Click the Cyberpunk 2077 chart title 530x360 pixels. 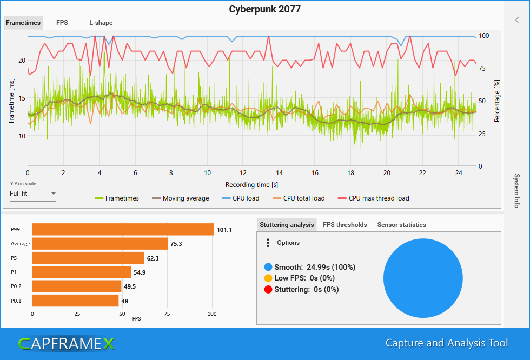[x=264, y=9]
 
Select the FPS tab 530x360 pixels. [x=62, y=23]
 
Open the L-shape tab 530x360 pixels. [x=101, y=23]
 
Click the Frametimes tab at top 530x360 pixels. [x=23, y=23]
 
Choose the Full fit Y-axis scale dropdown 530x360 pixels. [x=32, y=194]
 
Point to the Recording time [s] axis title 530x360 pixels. [x=252, y=185]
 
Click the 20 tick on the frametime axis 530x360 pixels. [x=22, y=61]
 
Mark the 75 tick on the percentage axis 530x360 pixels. [x=482, y=68]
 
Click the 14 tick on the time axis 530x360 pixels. [x=279, y=173]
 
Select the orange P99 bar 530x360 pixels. [x=123, y=230]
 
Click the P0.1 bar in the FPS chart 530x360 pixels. [x=75, y=301]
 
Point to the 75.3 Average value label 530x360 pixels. [x=176, y=244]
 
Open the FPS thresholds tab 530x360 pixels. [x=345, y=225]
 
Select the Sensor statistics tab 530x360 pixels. [x=401, y=225]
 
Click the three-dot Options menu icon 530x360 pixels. [x=268, y=243]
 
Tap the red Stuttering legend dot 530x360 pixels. [x=268, y=289]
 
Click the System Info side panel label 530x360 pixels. [x=516, y=191]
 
